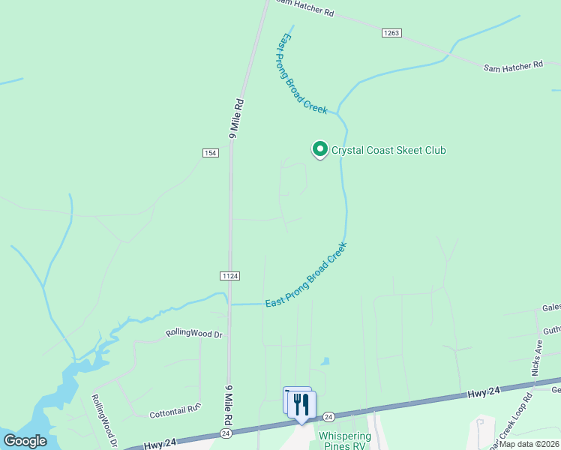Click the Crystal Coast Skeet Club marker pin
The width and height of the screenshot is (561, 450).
(x=320, y=150)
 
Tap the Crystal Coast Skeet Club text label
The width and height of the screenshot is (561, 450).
(x=388, y=151)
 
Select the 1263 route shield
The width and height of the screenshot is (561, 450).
(x=391, y=33)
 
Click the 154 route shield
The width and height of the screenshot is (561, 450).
(x=210, y=153)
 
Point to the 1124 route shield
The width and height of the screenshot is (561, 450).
(x=230, y=276)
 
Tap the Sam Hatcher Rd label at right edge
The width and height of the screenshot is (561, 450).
(x=513, y=67)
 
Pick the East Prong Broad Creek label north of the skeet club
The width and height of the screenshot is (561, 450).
(x=304, y=73)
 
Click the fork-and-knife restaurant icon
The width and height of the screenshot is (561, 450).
(x=301, y=405)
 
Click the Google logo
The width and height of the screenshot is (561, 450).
(x=25, y=441)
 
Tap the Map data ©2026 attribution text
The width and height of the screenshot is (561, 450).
(x=529, y=444)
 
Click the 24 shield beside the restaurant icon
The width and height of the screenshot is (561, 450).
(x=328, y=416)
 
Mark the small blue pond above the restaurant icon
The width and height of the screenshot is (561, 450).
(x=325, y=361)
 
